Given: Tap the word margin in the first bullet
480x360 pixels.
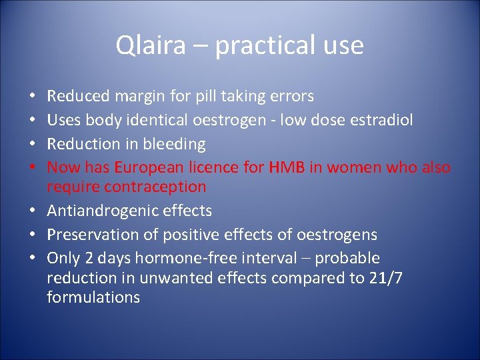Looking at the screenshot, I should [140, 97].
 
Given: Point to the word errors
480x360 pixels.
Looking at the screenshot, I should [291, 97].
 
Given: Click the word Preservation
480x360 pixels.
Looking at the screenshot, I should [89, 235].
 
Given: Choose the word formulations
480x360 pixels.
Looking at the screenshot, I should [93, 297].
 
